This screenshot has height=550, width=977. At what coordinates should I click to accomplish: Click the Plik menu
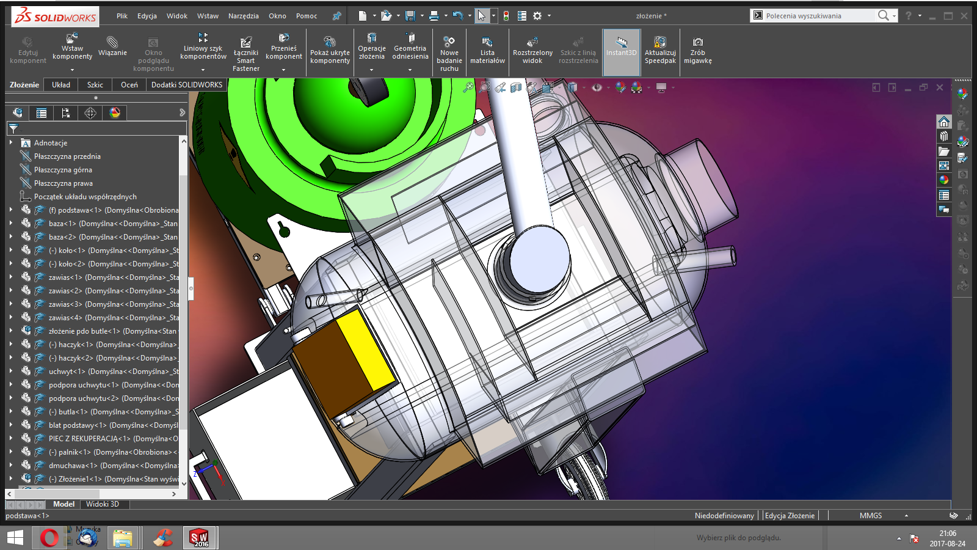coord(122,16)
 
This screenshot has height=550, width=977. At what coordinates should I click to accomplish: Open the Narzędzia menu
coord(243,16)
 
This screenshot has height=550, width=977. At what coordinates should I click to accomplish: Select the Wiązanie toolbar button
coord(112,46)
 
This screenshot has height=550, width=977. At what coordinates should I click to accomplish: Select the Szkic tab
coord(95,85)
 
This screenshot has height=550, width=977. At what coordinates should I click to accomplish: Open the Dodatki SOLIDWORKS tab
coord(187,85)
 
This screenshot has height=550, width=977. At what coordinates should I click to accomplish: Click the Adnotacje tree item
coord(51,143)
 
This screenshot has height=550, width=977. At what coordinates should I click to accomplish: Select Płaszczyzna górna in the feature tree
coord(63,170)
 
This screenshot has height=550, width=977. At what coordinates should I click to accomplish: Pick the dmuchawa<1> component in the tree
coord(73,466)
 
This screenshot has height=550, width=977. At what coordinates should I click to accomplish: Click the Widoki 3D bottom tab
coord(102,504)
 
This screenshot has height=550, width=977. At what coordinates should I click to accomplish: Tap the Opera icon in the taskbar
coord(49,538)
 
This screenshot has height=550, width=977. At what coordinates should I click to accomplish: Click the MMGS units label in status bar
coord(870,516)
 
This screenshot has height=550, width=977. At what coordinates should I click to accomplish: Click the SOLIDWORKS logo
coord(55,16)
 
